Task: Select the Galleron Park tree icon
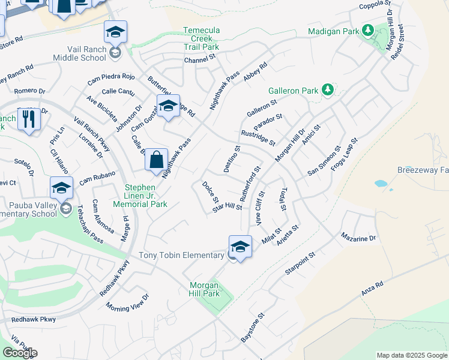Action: pos(327,90)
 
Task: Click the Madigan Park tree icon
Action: pos(367,31)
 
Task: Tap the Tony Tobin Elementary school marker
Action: pos(240,248)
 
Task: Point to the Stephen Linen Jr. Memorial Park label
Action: pos(145,196)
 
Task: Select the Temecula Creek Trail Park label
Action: pos(202,38)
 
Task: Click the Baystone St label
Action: pos(253,327)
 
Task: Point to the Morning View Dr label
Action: pos(126,304)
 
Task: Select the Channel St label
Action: pos(199,60)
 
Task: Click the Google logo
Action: pos(20,353)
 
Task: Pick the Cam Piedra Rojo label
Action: pos(111,77)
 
